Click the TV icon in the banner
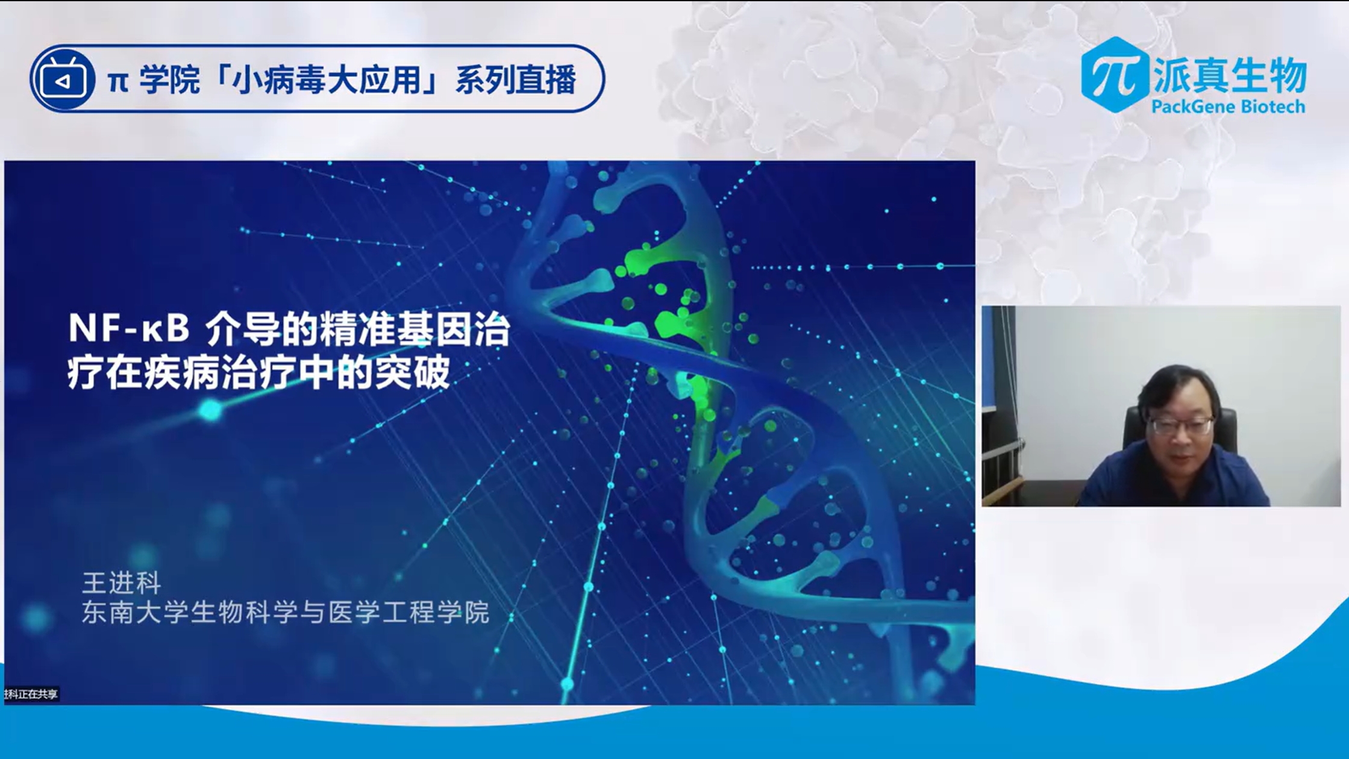(x=63, y=80)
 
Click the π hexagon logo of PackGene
(x=1115, y=75)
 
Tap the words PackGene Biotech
(x=1228, y=107)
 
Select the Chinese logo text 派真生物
(x=1230, y=75)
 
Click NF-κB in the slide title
(x=129, y=329)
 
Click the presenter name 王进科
(x=122, y=583)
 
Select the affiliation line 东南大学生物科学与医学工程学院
(x=286, y=612)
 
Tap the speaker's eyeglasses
(x=1181, y=425)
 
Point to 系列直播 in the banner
(x=516, y=80)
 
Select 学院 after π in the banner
(x=169, y=80)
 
